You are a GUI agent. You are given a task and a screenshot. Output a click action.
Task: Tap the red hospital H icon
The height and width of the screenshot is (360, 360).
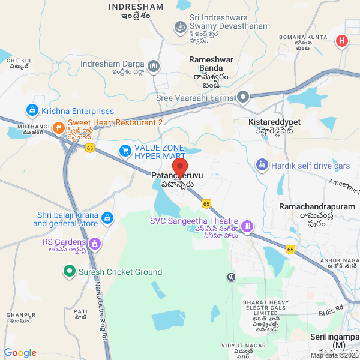pyautogui.click(x=342, y=41)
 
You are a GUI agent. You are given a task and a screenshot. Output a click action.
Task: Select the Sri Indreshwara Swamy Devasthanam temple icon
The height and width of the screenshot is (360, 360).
pyautogui.click(x=178, y=27)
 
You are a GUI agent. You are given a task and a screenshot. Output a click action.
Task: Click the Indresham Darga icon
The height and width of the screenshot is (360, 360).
pyautogui.click(x=154, y=65)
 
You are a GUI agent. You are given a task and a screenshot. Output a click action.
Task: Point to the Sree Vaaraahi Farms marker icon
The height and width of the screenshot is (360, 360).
pyautogui.click(x=243, y=97)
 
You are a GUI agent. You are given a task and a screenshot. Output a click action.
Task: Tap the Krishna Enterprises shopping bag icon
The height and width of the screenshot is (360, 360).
pyautogui.click(x=31, y=111)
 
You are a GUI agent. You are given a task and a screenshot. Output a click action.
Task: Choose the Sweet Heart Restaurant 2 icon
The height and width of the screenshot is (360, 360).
pyautogui.click(x=58, y=127)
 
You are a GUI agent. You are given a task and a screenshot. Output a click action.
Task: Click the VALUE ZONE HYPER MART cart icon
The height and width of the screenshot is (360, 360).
pyautogui.click(x=125, y=151)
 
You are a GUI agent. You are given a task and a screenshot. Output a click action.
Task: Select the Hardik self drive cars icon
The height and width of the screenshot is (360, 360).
pyautogui.click(x=262, y=165)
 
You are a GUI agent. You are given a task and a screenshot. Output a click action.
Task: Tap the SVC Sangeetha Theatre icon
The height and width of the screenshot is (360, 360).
pyautogui.click(x=248, y=226)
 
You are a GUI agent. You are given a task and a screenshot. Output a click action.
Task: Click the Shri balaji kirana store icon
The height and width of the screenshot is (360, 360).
pyautogui.click(x=107, y=217)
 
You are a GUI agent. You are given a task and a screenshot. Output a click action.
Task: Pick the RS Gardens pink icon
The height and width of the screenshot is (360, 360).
pyautogui.click(x=94, y=244)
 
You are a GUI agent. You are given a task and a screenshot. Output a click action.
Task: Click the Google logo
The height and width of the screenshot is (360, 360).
pyautogui.click(x=20, y=353)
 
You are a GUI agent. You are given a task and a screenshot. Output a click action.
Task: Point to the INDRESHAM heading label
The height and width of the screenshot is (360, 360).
pyautogui.click(x=136, y=10)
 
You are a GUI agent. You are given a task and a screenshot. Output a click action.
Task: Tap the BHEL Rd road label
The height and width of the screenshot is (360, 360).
pyautogui.click(x=331, y=308)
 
